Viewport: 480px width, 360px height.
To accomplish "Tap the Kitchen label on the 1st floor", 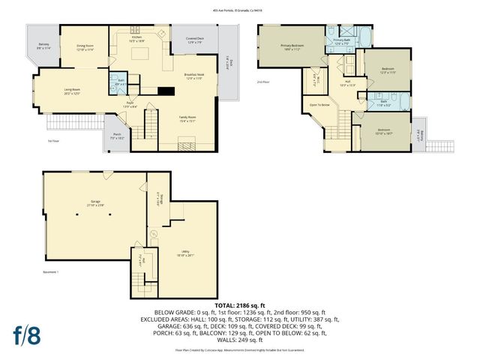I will (x=137, y=38).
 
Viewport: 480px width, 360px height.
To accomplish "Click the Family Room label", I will (x=187, y=118).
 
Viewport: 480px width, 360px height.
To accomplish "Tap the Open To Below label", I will (x=320, y=105).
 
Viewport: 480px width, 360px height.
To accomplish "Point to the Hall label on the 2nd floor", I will (x=347, y=83).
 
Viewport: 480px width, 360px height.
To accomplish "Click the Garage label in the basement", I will (x=96, y=202).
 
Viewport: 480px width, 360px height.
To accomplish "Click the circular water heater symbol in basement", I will (x=153, y=233).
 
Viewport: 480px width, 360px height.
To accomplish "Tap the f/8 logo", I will (x=27, y=334).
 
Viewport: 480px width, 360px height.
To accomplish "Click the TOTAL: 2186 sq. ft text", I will (x=239, y=306).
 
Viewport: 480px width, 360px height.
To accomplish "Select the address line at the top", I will (x=240, y=10).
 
